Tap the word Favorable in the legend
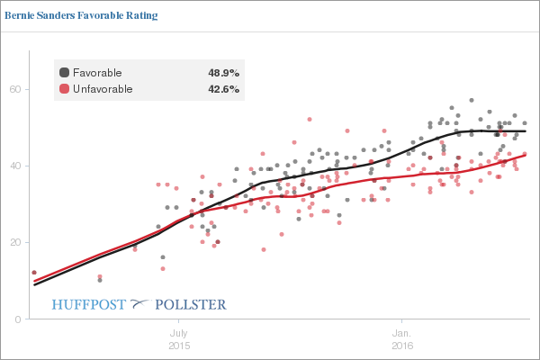(x=97, y=72)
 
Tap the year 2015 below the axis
(x=178, y=346)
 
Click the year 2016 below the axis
(x=402, y=346)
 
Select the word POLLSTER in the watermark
(x=192, y=304)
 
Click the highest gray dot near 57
(x=471, y=101)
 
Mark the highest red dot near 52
(x=310, y=119)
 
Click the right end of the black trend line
(x=526, y=131)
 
